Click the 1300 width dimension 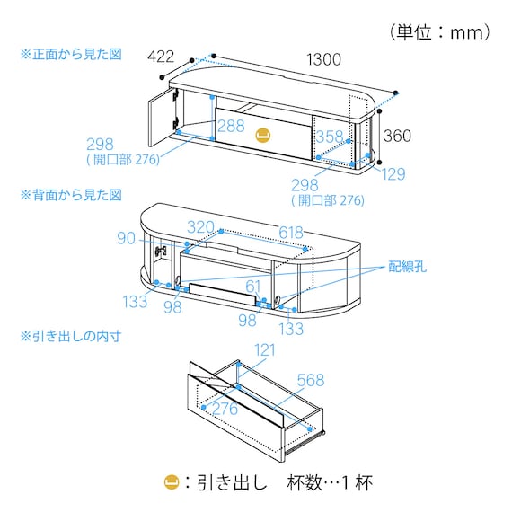pos(324,59)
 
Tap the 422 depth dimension pos(161,57)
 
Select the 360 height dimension pos(397,136)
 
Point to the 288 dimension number pos(231,126)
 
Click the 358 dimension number pos(330,137)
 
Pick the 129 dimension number pos(393,174)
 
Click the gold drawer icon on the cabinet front pos(263,135)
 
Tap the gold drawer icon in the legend pos(172,482)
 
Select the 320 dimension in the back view pos(200,227)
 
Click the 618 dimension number pos(291,233)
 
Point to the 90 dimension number pos(126,238)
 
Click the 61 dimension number pos(253,287)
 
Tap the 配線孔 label pos(407,267)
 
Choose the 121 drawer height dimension pos(265,350)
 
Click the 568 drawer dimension pos(311,380)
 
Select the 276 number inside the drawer pos(225,409)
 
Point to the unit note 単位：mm pos(440,32)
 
